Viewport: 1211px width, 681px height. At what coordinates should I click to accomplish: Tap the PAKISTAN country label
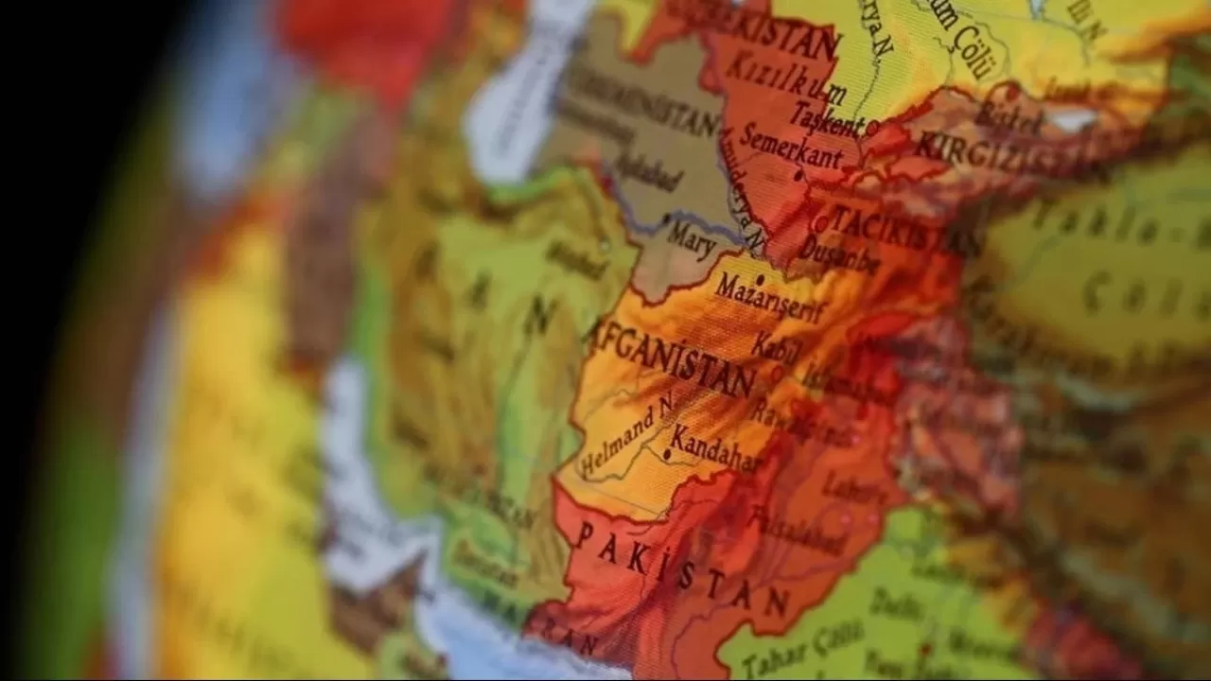tap(681, 568)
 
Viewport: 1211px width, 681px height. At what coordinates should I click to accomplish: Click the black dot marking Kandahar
tap(668, 455)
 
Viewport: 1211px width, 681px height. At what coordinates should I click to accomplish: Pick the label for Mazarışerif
tap(769, 298)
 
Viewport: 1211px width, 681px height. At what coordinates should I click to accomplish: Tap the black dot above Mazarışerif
tap(759, 279)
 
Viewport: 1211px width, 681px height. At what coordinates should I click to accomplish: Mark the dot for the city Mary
tap(667, 219)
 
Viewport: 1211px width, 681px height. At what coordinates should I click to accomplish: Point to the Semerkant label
tap(791, 147)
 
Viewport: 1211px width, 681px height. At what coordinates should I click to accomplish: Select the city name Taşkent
tap(826, 118)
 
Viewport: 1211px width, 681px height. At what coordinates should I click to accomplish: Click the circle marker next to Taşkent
tap(872, 126)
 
